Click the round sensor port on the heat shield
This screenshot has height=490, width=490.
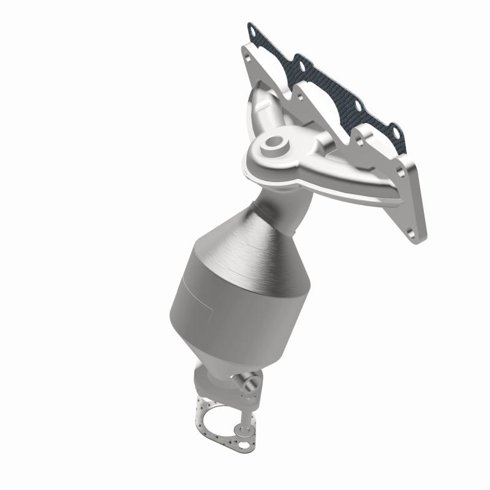pyautogui.click(x=271, y=145)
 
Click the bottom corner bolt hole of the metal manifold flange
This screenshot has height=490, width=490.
pyautogui.click(x=415, y=235)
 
